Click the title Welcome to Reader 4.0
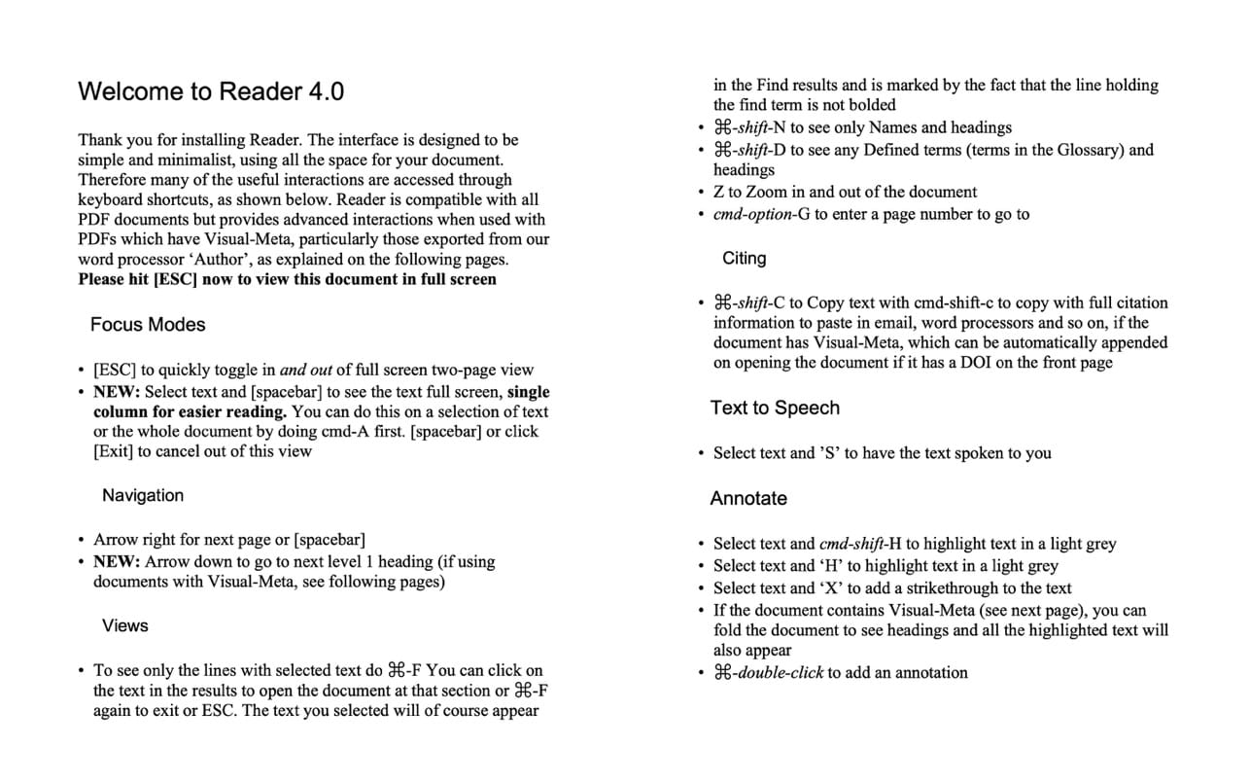(x=211, y=91)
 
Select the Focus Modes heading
(x=148, y=325)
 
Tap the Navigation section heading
(x=143, y=495)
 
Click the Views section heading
(x=125, y=625)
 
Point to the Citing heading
(x=744, y=259)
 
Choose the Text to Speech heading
(x=775, y=409)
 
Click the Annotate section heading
(x=748, y=499)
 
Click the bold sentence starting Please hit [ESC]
(x=287, y=279)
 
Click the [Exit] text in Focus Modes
(x=113, y=451)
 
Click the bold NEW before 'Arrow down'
(x=117, y=561)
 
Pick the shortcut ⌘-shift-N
(x=749, y=127)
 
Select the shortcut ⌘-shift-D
(x=749, y=150)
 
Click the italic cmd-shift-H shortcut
(x=861, y=544)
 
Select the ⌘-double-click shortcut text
(x=768, y=672)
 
